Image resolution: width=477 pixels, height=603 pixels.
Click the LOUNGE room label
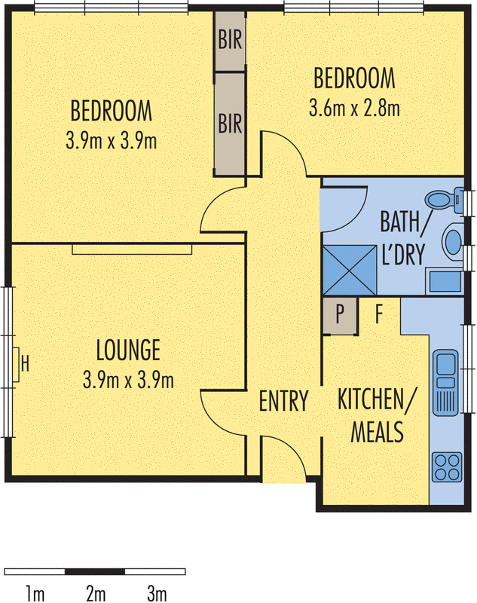pyautogui.click(x=128, y=350)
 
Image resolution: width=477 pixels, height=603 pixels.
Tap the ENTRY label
pyautogui.click(x=284, y=401)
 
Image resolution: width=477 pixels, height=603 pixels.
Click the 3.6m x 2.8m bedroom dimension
pyautogui.click(x=354, y=108)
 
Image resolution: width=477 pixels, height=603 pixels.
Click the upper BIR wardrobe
pyautogui.click(x=230, y=41)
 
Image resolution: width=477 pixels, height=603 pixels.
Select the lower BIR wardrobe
pyautogui.click(x=230, y=122)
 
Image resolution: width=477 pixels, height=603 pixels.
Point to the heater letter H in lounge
pyautogui.click(x=25, y=366)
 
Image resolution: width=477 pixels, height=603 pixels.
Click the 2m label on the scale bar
pyautogui.click(x=95, y=593)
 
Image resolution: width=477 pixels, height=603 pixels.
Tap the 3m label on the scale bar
pyautogui.click(x=156, y=593)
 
